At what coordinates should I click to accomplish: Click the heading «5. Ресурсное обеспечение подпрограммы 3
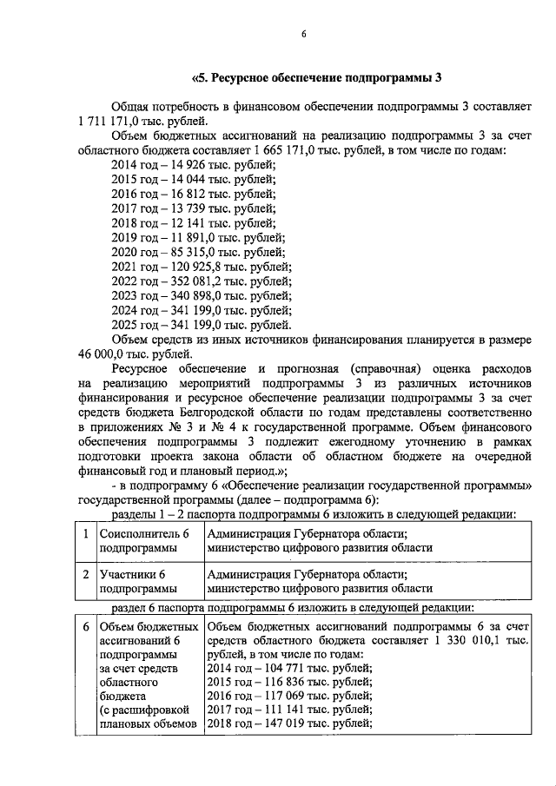[x=316, y=76]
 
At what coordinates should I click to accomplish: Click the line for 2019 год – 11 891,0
[x=199, y=237]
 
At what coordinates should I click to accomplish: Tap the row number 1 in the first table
[x=85, y=535]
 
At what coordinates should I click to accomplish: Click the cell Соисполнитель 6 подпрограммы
[x=144, y=542]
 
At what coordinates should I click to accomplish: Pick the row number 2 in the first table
[x=85, y=575]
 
